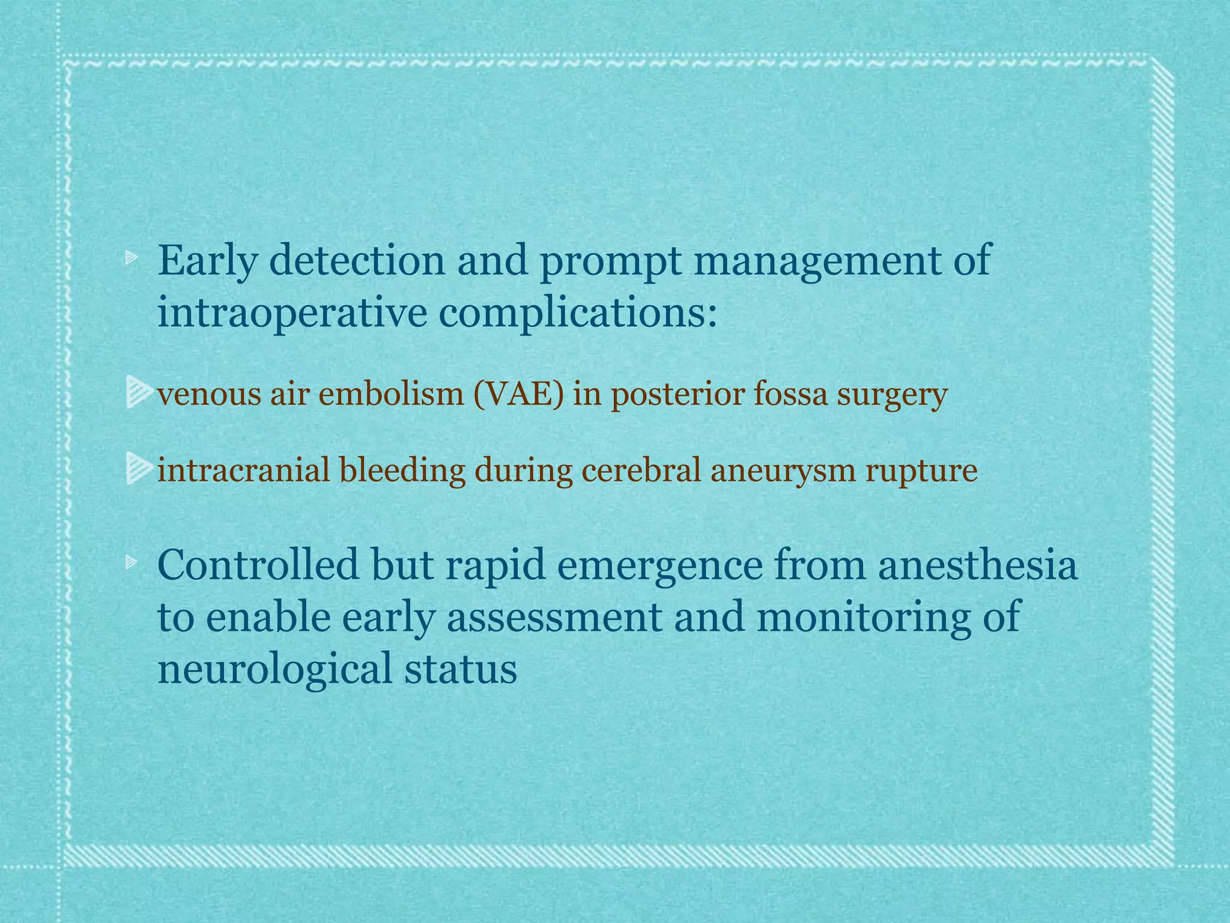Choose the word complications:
(578, 314)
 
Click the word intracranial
(244, 470)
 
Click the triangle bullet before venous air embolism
(139, 392)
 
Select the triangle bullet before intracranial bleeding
(139, 469)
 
